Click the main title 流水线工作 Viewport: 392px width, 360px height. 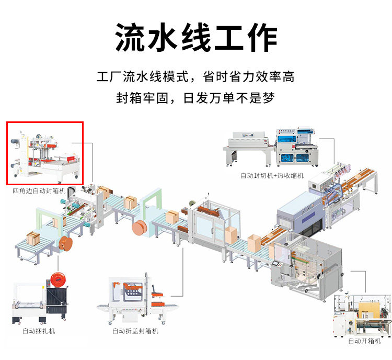click(196, 38)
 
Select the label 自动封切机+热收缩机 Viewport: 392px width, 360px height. click(272, 176)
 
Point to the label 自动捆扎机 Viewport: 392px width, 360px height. click(39, 331)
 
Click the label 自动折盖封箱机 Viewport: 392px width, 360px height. click(135, 331)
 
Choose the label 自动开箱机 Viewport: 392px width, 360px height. click(364, 341)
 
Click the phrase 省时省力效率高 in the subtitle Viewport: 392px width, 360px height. click(249, 77)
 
